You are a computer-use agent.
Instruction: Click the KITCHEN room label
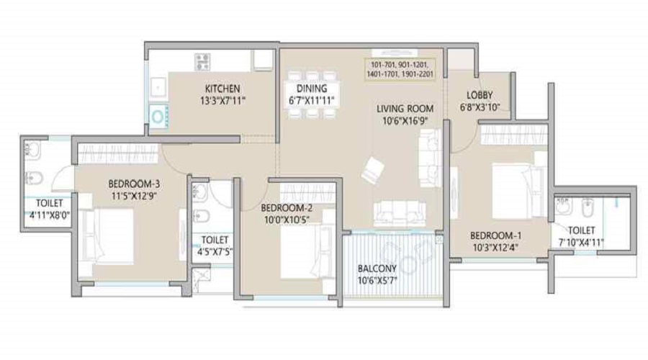coord(222,89)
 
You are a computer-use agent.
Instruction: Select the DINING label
coord(312,89)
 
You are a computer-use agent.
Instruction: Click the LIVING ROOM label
coord(405,109)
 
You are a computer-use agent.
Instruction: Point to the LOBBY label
coord(480,95)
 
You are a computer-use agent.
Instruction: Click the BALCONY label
coord(377,269)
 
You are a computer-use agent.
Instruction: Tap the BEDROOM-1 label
coord(496,235)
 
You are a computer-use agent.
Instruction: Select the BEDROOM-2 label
coord(287,208)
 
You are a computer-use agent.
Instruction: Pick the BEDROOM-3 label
coord(135,184)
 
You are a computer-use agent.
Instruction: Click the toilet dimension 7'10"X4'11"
coord(582,243)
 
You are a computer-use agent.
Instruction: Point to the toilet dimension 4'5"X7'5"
coord(215,251)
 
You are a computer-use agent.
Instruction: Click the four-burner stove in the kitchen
coord(202,62)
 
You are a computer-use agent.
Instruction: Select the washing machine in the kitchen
coord(158,116)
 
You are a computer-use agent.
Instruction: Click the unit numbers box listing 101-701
coord(400,69)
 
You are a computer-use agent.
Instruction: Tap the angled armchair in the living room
coord(372,169)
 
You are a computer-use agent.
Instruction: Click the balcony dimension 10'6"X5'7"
coord(377,281)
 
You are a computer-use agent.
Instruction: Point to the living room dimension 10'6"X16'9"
coord(405,121)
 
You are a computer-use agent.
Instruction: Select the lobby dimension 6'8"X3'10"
coord(480,107)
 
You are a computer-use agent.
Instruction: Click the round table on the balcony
coord(408,264)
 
